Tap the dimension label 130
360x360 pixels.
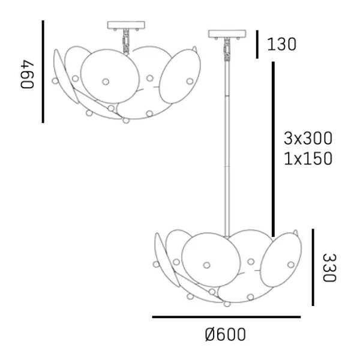(282, 44)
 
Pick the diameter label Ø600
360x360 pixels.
(225, 335)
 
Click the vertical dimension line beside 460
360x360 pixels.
(43, 72)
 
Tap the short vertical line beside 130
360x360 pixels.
(257, 44)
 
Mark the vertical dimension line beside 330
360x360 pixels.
(313, 267)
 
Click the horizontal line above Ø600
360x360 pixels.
(226, 317)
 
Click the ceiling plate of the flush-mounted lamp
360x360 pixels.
(127, 26)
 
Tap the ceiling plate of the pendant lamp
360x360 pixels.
(227, 34)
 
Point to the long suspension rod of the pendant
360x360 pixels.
(227, 144)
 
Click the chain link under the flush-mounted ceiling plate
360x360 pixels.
(127, 42)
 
